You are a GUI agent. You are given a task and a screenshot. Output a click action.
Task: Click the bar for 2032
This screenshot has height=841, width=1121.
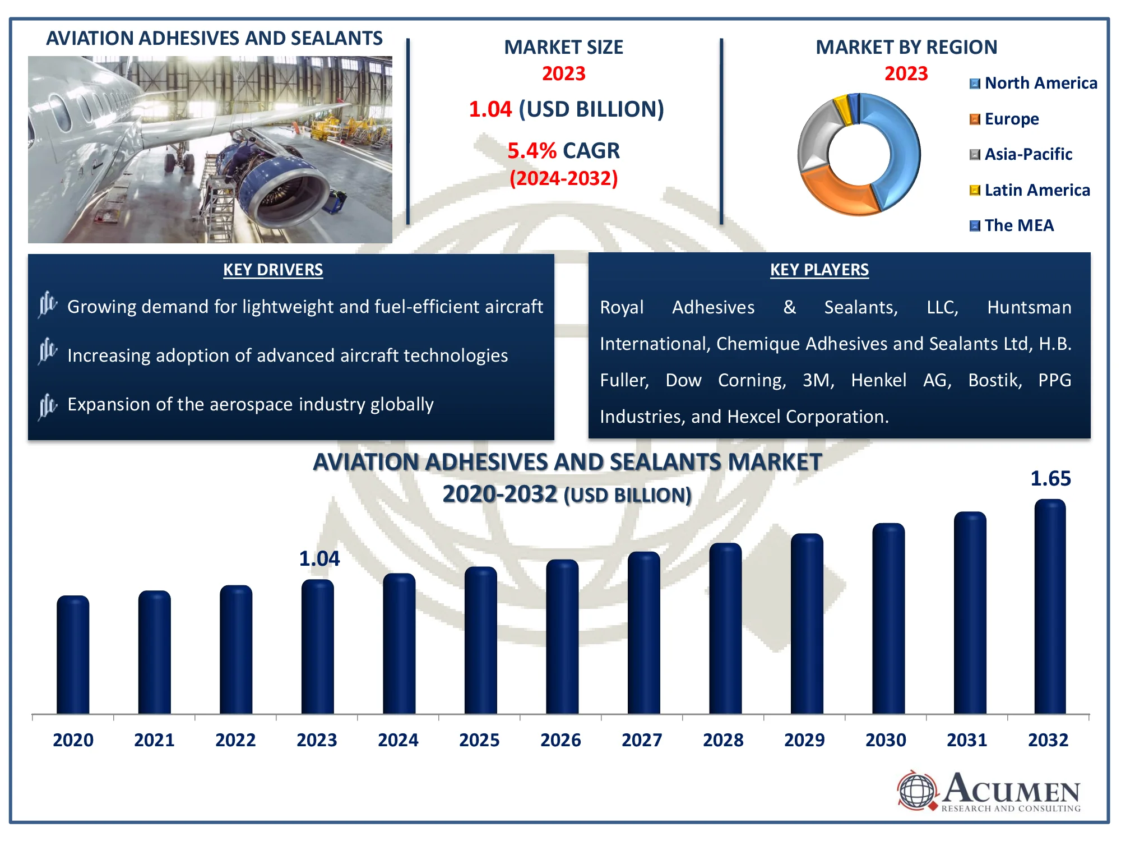click(x=1050, y=608)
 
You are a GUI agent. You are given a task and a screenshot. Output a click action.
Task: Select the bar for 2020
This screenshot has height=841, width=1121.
click(x=73, y=656)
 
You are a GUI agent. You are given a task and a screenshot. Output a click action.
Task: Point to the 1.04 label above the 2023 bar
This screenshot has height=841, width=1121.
click(x=319, y=558)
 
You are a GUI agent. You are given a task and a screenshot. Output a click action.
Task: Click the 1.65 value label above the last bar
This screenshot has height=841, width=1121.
click(x=1050, y=479)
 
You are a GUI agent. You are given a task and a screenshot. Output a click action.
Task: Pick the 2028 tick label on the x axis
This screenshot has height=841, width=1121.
click(x=723, y=740)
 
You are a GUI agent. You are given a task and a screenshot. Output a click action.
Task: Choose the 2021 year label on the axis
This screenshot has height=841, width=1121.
click(x=154, y=740)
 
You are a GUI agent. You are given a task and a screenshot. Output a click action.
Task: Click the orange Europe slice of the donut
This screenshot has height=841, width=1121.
click(x=835, y=193)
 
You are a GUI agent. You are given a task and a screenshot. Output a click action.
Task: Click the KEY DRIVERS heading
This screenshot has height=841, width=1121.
click(x=273, y=270)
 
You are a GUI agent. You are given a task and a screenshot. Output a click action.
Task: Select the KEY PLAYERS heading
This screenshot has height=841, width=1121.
click(x=819, y=270)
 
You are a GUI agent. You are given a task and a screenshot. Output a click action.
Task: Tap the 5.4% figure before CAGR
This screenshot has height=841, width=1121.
click(x=531, y=151)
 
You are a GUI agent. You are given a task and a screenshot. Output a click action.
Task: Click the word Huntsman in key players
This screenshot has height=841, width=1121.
click(x=1029, y=307)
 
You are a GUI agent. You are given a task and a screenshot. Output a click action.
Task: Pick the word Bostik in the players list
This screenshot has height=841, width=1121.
click(x=995, y=380)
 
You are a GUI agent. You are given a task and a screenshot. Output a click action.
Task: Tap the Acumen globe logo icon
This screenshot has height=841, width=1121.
click(x=917, y=791)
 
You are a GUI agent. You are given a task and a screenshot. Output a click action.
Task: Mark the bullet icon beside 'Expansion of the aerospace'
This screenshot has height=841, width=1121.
click(x=48, y=405)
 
